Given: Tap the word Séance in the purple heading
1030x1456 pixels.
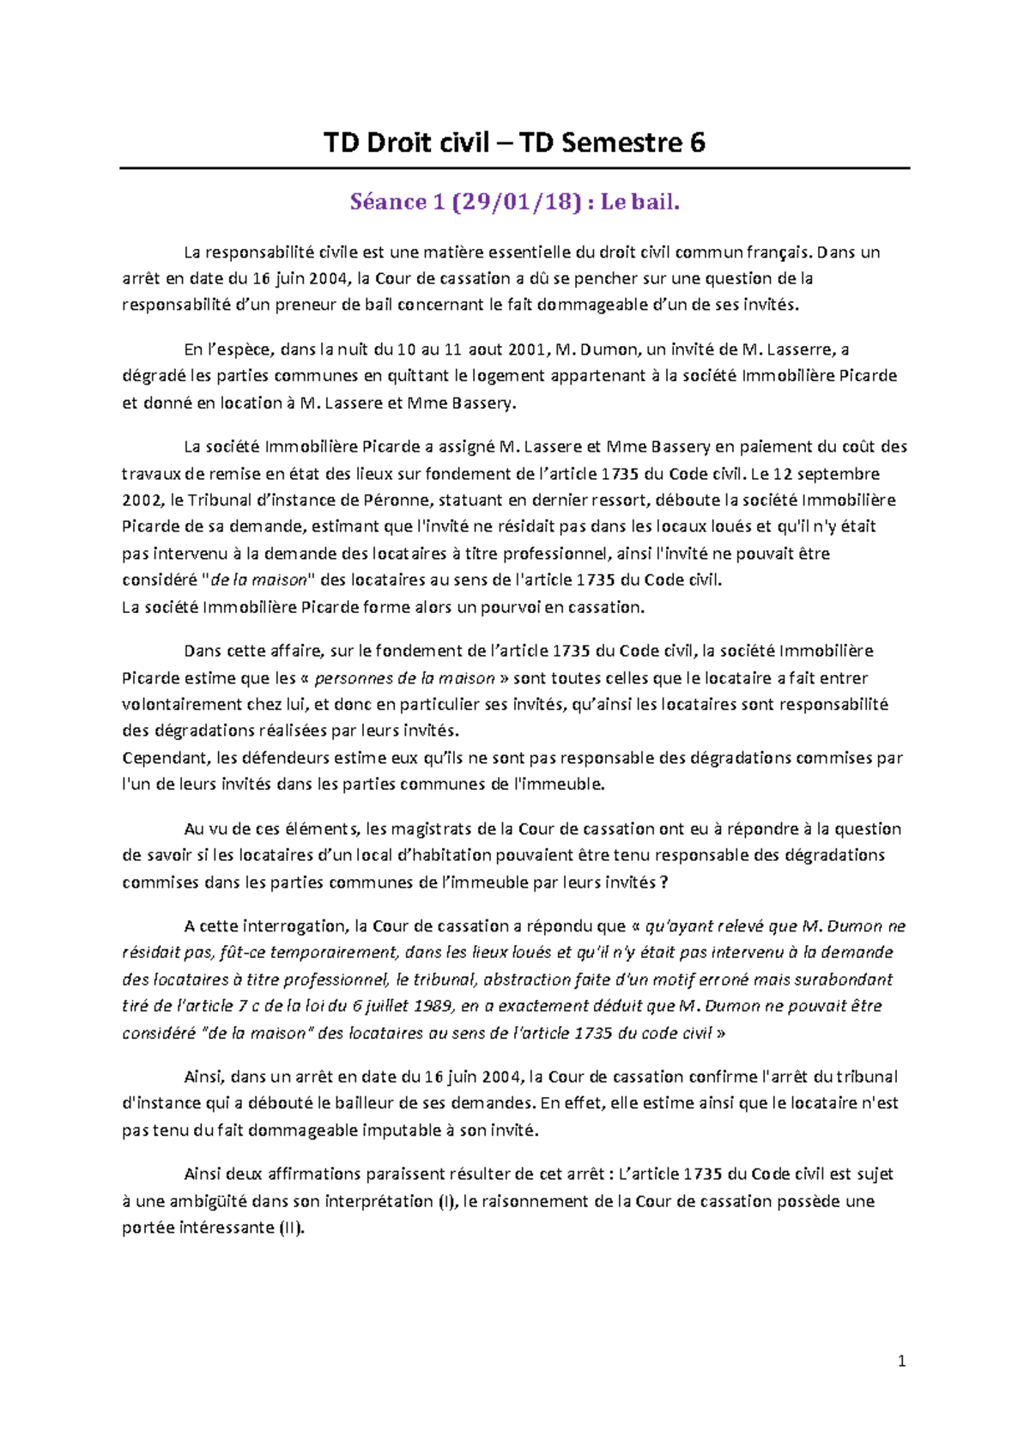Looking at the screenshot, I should click(388, 203).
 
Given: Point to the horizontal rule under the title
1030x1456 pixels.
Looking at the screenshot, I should click(514, 168).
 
